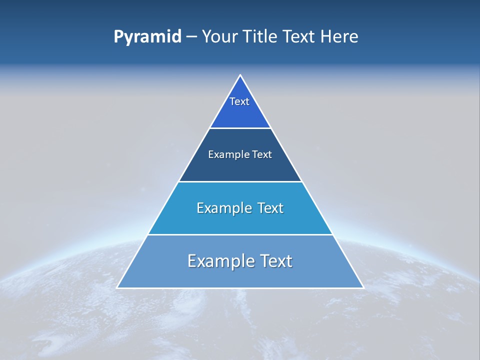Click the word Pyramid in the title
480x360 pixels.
147,37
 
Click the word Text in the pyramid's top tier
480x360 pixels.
239,101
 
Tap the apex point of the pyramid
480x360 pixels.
240,75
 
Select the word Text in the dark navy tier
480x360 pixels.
262,154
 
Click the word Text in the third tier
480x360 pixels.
270,208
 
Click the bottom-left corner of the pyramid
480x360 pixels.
117,287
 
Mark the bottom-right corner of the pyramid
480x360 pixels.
363,287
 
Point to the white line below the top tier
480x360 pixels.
240,128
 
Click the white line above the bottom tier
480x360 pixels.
240,234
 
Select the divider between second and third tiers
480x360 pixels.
240,181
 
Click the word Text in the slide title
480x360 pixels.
300,37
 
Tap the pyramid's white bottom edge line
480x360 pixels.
240,288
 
